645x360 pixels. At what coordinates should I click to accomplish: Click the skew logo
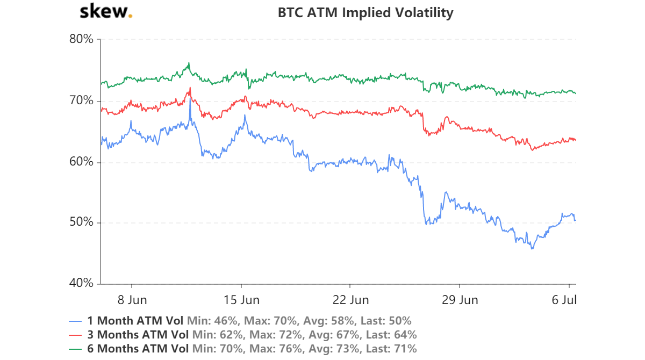[x=105, y=12]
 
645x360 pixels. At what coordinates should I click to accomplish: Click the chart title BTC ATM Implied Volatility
[x=365, y=12]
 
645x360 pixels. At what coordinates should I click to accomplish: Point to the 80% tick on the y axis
[x=82, y=39]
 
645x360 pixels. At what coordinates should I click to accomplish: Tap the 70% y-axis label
[x=82, y=100]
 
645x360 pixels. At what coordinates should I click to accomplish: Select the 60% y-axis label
[x=82, y=162]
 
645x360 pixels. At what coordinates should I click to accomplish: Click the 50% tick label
[x=82, y=222]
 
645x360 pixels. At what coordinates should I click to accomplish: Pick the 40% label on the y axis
[x=82, y=284]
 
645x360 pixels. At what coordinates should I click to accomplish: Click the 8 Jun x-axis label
[x=132, y=299]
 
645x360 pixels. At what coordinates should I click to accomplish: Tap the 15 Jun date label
[x=241, y=299]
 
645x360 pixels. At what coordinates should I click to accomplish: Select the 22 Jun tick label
[x=350, y=299]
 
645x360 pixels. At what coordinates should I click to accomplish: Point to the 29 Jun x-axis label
[x=460, y=299]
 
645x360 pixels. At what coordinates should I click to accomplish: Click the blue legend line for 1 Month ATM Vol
[x=76, y=321]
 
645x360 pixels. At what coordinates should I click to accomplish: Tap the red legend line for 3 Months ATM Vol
[x=76, y=335]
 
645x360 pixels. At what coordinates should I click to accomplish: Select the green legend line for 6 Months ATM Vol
[x=76, y=348]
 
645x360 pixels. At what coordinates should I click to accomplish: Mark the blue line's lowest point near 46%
[x=532, y=249]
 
